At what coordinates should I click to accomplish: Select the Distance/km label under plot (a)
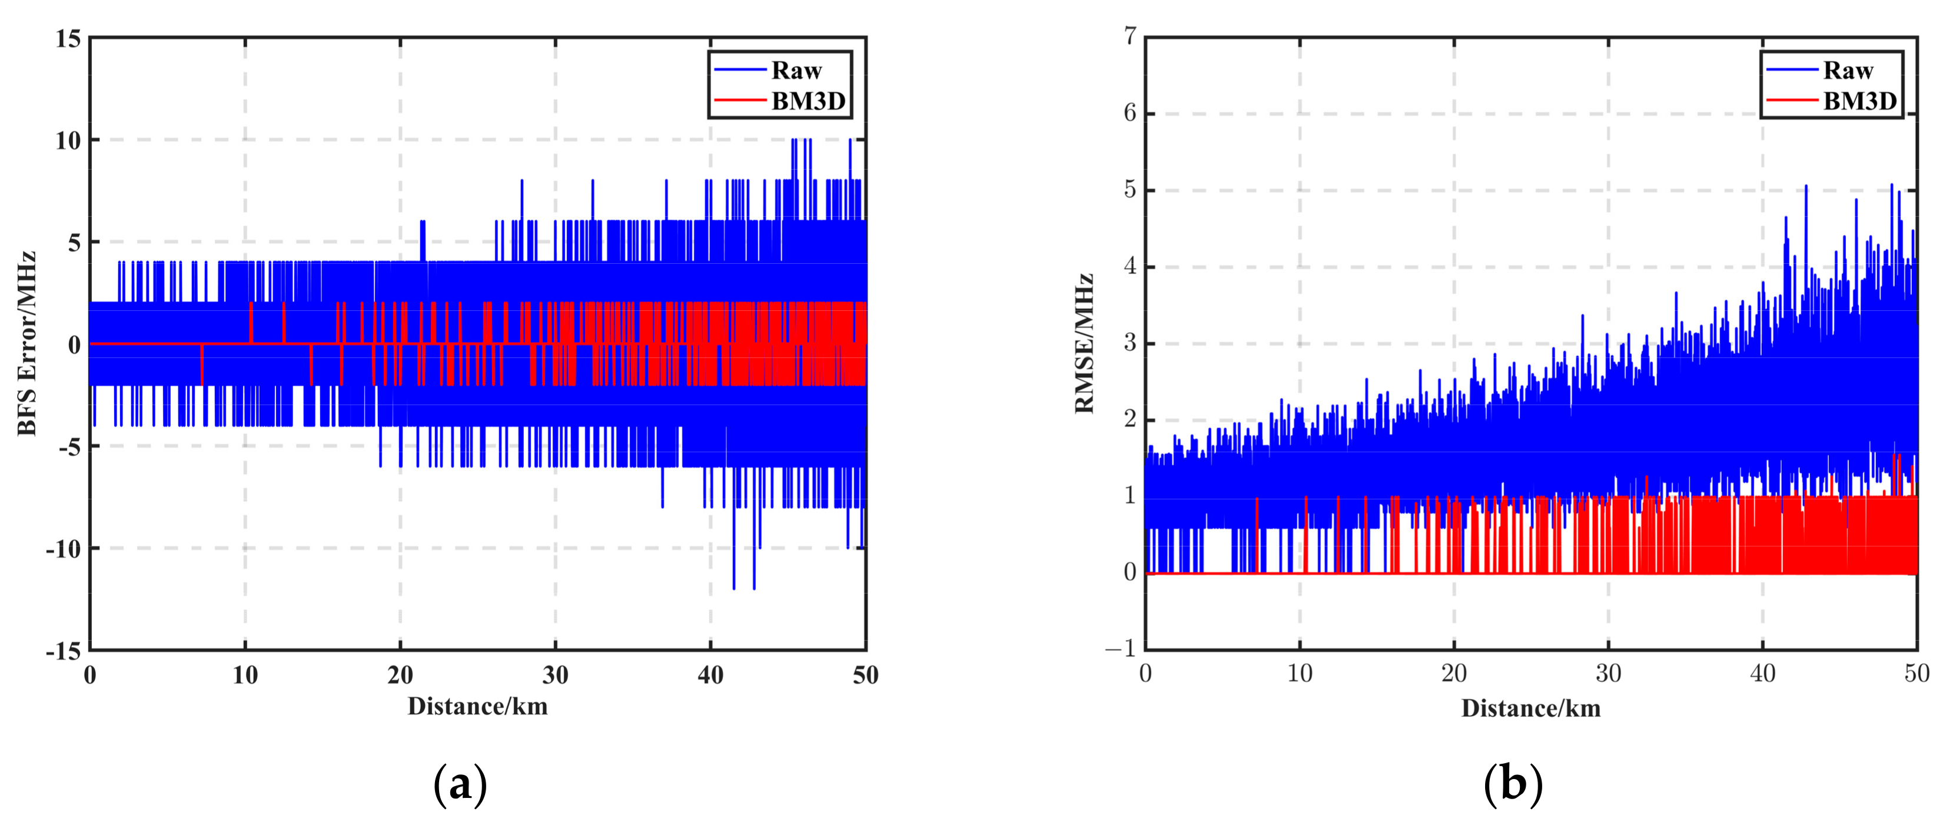pos(477,707)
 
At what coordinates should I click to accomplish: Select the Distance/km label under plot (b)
pos(1530,708)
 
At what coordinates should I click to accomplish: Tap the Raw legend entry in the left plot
pos(795,70)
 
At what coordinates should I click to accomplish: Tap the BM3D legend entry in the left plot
pos(808,101)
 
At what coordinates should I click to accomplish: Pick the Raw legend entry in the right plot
pos(1848,70)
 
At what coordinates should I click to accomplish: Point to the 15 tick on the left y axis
pos(68,38)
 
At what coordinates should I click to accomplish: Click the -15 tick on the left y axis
pos(64,651)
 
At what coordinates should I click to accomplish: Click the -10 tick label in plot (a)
pos(64,548)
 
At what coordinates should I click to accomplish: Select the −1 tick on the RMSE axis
pos(1121,648)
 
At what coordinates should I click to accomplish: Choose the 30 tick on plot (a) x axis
pos(555,675)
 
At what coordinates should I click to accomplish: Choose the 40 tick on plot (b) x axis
pos(1762,673)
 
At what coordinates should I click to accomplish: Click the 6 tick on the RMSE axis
pos(1130,113)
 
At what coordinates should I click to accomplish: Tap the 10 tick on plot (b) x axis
pos(1299,673)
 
